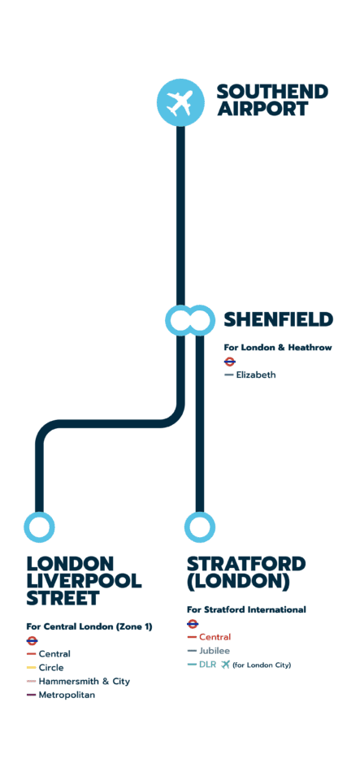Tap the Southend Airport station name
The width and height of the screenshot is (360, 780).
tap(271, 101)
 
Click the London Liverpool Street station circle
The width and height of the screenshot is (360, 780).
tap(40, 526)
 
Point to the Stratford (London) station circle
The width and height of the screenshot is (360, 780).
tap(199, 526)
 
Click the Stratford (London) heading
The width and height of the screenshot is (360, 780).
tap(246, 572)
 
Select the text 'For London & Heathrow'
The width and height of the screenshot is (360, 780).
tap(278, 347)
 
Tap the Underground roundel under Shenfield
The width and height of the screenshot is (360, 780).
tap(230, 362)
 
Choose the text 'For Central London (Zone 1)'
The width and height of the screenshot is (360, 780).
tap(89, 626)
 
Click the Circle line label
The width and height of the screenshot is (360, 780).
tap(50, 667)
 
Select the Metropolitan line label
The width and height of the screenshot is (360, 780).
tap(66, 695)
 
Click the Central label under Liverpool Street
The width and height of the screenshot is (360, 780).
tap(54, 653)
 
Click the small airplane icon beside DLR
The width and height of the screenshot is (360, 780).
tap(225, 665)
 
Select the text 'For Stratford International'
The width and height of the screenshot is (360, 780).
tap(246, 609)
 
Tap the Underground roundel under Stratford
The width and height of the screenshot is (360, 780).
tap(193, 624)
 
